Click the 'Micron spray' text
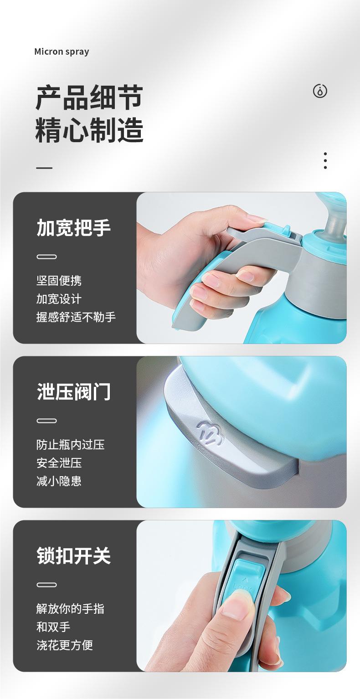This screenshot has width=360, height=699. pos(62,51)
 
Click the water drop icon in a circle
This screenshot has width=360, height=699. pos(320,91)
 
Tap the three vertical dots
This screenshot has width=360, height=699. pos(325,161)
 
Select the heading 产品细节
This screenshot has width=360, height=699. pos(89,97)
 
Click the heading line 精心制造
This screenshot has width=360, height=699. pos(89,130)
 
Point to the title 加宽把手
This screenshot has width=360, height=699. pos(73,227)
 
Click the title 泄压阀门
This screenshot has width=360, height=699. pos(73,392)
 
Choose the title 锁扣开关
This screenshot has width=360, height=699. pos(73,556)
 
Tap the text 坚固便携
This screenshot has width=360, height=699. pos(59,281)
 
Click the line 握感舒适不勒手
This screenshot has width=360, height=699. pos(76,317)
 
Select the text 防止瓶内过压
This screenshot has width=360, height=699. pos(70,445)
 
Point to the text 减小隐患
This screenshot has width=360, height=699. pos(59,481)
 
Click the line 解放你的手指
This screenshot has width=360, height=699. pos(70,609)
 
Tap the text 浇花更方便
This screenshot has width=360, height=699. pos(65,645)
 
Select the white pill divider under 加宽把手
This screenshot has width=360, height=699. pos(46,257)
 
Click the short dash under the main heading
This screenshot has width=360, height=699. pos(44,168)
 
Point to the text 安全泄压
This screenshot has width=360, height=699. pos(59,463)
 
